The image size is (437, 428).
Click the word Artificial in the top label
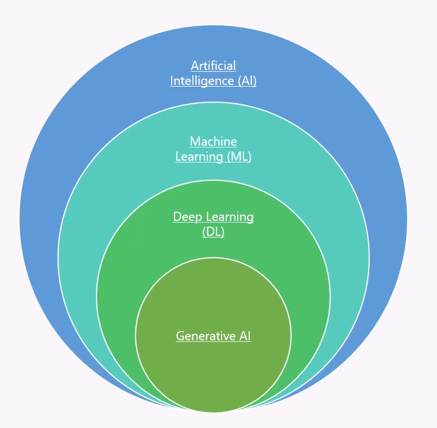[213, 66]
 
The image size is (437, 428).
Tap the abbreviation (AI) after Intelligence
[247, 81]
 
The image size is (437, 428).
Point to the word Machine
[213, 142]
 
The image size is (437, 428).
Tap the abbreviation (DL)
[213, 232]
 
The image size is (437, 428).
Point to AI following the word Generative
[245, 336]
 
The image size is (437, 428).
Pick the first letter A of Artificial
[195, 66]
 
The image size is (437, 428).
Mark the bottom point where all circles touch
[213, 412]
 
